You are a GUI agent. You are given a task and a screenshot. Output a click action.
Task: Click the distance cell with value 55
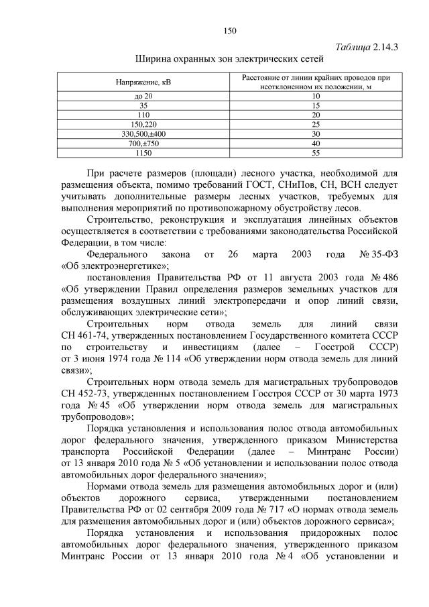click(x=316, y=153)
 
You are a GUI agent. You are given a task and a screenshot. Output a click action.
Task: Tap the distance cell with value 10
click(x=316, y=97)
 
